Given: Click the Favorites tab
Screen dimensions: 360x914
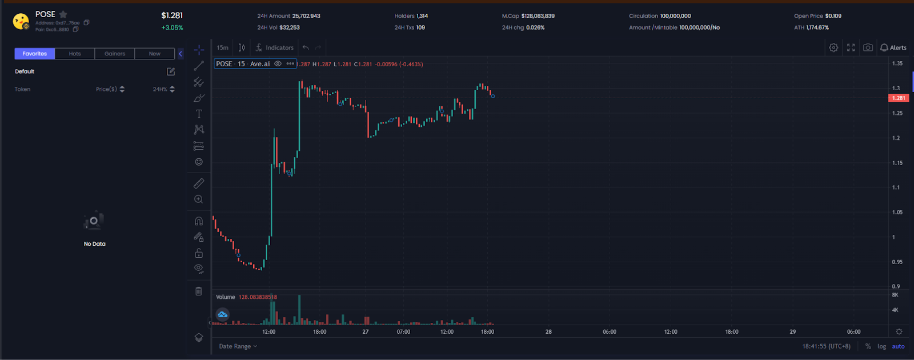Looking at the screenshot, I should [x=35, y=54].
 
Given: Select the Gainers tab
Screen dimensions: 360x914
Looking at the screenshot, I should [x=115, y=54].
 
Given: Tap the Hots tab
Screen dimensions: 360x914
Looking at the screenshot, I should [x=75, y=54].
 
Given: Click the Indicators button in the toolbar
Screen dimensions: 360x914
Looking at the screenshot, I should [x=275, y=48].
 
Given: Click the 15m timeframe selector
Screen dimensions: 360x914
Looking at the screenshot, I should [x=222, y=48].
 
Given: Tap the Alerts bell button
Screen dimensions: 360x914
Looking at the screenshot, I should [x=893, y=48].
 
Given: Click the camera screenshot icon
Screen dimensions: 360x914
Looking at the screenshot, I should [x=868, y=48].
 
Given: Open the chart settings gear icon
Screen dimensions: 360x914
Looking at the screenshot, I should [x=833, y=48].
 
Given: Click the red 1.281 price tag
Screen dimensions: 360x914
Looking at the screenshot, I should [x=899, y=98].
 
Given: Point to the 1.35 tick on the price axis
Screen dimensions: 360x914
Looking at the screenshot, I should [x=897, y=63].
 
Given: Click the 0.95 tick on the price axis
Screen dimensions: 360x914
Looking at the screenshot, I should [x=897, y=262].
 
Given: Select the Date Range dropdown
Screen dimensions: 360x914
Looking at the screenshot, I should [x=238, y=346].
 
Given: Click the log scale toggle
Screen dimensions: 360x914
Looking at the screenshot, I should [x=881, y=346].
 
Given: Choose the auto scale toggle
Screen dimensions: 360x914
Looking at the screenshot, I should [x=898, y=346].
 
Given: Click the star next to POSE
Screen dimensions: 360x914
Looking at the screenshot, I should [x=63, y=14].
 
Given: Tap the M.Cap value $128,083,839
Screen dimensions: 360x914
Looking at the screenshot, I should [x=538, y=16].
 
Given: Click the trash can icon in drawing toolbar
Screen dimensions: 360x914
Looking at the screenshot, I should [x=199, y=291].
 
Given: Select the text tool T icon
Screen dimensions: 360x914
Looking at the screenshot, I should [x=199, y=114].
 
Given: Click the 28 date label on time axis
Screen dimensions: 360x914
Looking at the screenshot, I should [x=548, y=331].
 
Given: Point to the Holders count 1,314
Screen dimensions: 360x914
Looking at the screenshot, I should [x=422, y=16].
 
